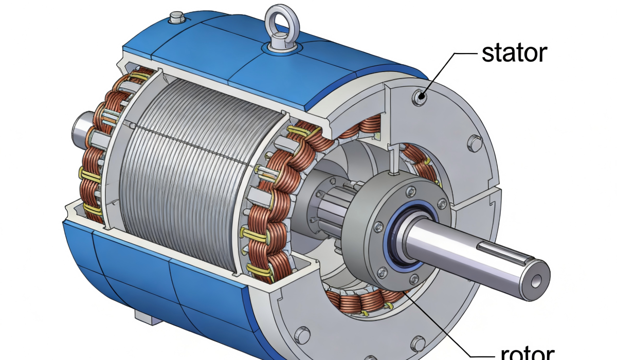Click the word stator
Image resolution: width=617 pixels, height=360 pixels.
[x=514, y=52]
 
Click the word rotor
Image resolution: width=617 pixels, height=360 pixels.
[x=527, y=353]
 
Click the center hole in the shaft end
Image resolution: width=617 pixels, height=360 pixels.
[x=538, y=281]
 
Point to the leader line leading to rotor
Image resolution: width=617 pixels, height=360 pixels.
[x=452, y=329]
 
